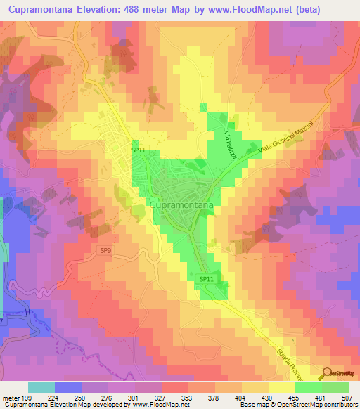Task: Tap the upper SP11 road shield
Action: tap(137, 150)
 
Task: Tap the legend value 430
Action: tap(259, 396)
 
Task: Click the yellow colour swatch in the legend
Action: tap(282, 387)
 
